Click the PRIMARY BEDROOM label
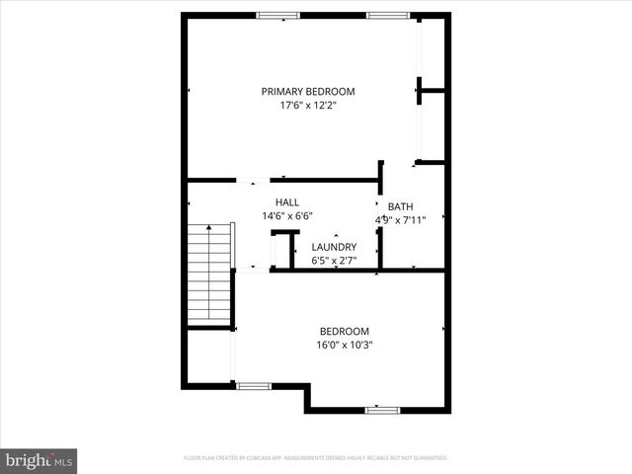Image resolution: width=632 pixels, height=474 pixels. click(x=307, y=92)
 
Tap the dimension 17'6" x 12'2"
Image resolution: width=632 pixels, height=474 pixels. click(x=307, y=106)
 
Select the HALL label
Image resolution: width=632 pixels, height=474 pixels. click(x=287, y=201)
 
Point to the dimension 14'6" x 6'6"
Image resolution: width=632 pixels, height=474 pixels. click(x=287, y=215)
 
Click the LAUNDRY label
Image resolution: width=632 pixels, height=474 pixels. click(x=334, y=247)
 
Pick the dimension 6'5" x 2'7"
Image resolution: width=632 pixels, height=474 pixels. click(x=334, y=261)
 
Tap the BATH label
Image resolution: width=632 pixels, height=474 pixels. click(x=400, y=206)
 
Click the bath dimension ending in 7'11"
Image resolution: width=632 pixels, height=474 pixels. click(x=400, y=220)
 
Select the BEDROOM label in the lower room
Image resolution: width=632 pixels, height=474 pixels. click(x=344, y=331)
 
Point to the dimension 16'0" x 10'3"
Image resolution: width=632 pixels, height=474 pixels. click(x=344, y=346)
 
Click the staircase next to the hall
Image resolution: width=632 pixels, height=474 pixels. click(x=209, y=275)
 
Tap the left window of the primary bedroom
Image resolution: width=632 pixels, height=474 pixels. click(x=277, y=15)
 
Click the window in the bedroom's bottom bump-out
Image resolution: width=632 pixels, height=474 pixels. click(x=382, y=409)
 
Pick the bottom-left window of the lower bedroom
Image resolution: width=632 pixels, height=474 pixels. click(x=253, y=385)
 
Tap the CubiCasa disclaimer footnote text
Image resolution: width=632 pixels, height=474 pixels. click(x=316, y=458)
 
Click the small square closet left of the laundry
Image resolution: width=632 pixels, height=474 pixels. click(x=284, y=250)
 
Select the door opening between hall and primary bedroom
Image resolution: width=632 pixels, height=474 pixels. click(x=252, y=181)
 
